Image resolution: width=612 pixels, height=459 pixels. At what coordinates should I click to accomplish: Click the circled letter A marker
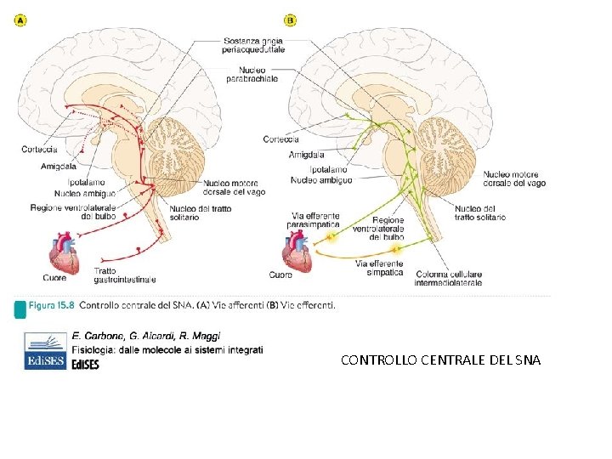(x=20, y=20)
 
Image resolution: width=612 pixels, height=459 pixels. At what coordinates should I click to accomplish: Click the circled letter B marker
(x=292, y=20)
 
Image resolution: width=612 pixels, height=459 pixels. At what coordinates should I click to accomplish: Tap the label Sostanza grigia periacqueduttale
(x=252, y=45)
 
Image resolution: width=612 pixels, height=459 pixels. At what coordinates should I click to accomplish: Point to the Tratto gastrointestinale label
(x=124, y=275)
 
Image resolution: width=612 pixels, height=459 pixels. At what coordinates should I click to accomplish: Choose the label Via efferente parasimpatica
(x=315, y=221)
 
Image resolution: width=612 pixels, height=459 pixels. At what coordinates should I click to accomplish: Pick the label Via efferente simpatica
(x=380, y=269)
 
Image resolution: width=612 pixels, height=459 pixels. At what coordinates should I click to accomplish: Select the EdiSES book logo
(x=45, y=350)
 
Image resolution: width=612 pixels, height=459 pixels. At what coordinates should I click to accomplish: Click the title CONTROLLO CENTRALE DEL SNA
(x=439, y=360)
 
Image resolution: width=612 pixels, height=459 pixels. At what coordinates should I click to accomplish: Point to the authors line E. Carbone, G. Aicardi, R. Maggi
(x=145, y=336)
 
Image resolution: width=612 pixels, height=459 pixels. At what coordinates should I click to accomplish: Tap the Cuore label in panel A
(x=54, y=277)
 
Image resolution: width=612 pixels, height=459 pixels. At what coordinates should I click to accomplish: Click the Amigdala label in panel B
(x=306, y=155)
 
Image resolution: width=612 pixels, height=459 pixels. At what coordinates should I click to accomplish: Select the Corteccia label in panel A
(x=39, y=150)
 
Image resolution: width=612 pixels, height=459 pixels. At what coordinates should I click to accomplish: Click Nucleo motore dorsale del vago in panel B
(x=514, y=178)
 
